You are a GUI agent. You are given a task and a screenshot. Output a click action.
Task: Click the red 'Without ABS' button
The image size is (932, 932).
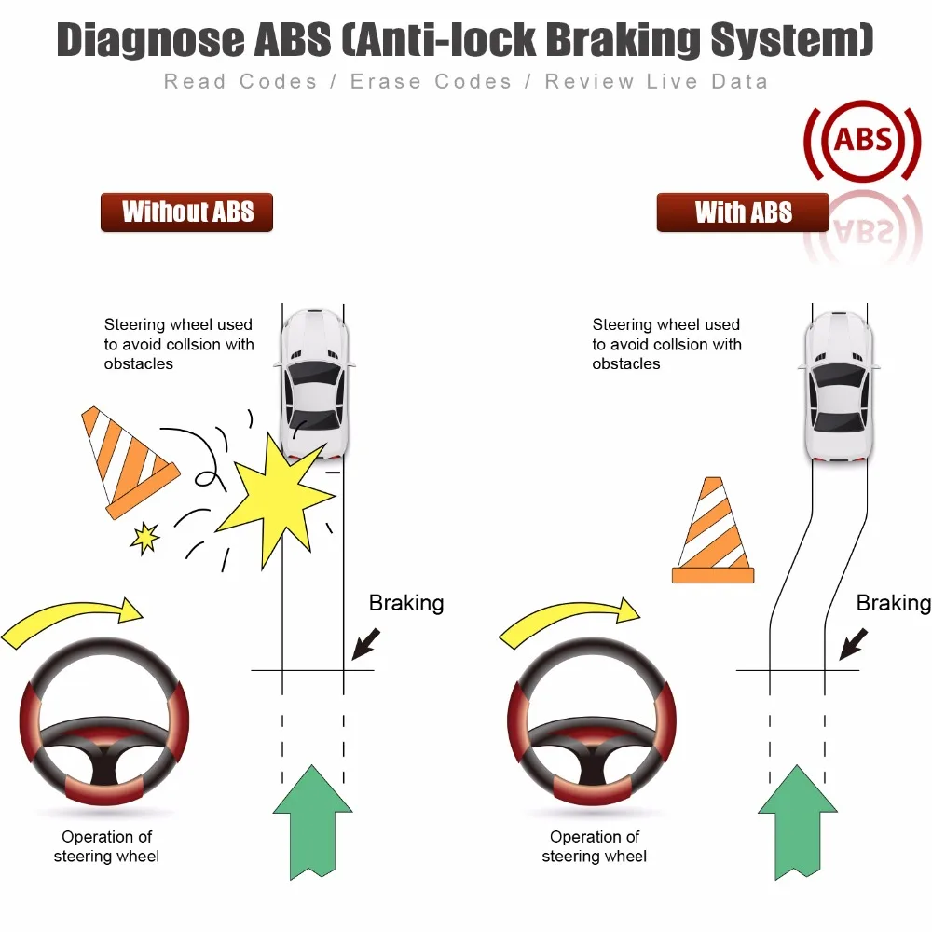[186, 212]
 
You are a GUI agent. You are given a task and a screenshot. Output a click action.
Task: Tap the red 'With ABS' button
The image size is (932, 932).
[743, 212]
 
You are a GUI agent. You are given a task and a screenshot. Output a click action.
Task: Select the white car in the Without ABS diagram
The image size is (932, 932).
[314, 382]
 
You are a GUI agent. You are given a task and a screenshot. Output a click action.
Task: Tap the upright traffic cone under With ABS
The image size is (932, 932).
[713, 532]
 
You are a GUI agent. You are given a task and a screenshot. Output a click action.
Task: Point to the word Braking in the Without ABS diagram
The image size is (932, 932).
[406, 603]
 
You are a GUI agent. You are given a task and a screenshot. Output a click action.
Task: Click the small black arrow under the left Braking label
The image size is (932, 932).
[367, 643]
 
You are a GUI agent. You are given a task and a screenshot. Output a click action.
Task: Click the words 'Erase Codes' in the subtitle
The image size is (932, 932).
[432, 82]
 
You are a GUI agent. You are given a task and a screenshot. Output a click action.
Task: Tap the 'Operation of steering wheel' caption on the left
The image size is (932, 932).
[106, 846]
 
